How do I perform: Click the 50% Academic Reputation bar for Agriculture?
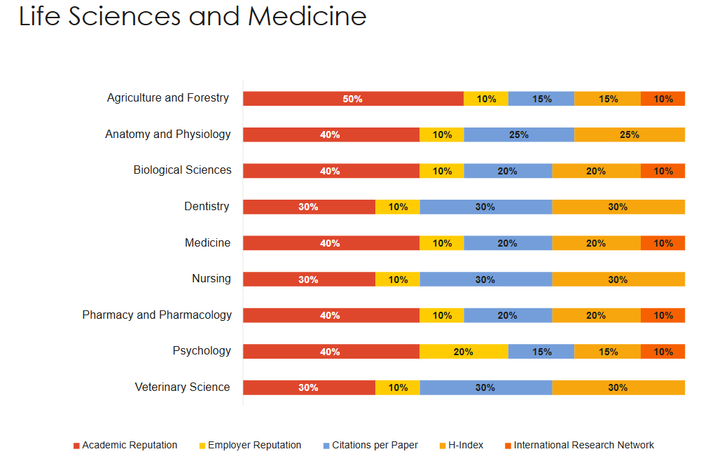tap(353, 99)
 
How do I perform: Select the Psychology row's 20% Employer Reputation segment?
tap(464, 352)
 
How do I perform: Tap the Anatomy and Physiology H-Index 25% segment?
tap(629, 135)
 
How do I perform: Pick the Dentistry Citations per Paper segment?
tap(485, 207)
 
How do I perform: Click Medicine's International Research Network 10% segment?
tap(662, 243)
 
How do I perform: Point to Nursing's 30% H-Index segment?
tap(618, 280)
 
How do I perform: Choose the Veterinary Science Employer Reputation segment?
tap(398, 387)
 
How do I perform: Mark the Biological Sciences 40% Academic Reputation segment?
tap(331, 171)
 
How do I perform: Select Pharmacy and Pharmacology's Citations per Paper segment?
tap(507, 315)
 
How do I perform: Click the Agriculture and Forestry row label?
tap(168, 98)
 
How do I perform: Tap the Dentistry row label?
tap(207, 206)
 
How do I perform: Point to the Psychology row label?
tap(202, 350)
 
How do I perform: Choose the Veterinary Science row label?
tap(182, 387)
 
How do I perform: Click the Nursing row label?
tap(211, 278)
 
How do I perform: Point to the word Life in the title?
tap(41, 16)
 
